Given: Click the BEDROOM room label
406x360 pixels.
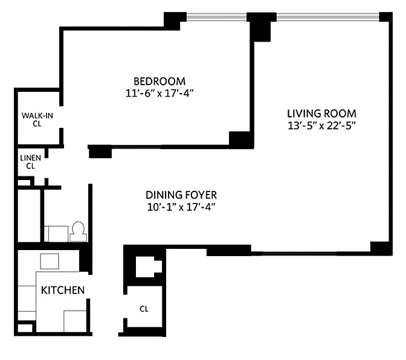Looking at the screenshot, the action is coord(159,82).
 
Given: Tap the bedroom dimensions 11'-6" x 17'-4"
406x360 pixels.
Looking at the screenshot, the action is coord(159,93).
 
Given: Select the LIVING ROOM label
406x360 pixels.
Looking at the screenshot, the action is coord(321,114).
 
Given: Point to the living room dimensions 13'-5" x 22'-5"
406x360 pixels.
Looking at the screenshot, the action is coord(321,126).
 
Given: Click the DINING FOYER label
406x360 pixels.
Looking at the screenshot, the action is coord(181,195).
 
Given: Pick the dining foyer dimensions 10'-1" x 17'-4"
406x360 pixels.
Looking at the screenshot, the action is coord(181,207).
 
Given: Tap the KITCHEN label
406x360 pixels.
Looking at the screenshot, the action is coord(63,291).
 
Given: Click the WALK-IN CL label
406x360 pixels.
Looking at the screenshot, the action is coord(37,120).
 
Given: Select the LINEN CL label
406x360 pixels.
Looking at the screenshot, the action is coord(31,162).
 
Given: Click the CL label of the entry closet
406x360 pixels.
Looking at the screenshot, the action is coord(144,309).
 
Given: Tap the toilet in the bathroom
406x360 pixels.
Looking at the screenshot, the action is coord(78,232).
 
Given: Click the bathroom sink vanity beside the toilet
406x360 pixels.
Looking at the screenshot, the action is coord(56,234).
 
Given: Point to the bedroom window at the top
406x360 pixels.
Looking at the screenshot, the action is coord(216,18).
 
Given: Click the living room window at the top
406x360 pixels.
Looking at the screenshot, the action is coord(328,18).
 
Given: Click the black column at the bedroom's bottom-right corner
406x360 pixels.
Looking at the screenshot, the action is coord(241,140).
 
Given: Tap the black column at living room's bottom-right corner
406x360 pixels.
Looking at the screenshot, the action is coord(381,248).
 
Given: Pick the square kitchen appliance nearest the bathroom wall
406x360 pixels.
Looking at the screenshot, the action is coord(50,262).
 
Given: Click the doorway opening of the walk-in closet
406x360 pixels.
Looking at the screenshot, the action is coord(62,117).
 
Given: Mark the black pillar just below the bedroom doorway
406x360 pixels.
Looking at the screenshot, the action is coord(100,152).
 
